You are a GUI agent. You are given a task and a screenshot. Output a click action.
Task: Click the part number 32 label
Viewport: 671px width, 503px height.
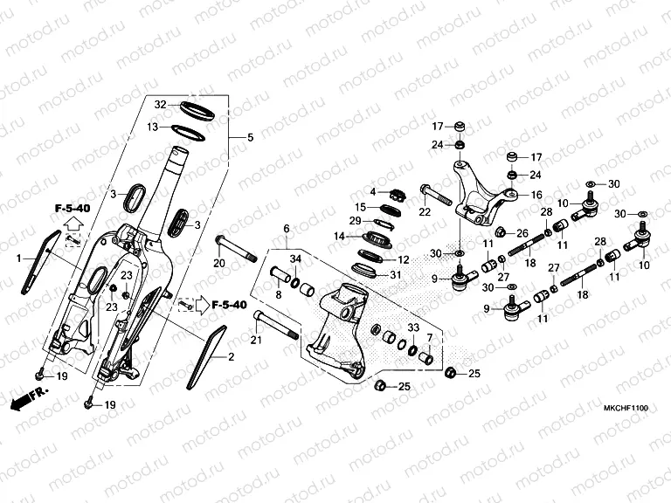pyautogui.click(x=160, y=105)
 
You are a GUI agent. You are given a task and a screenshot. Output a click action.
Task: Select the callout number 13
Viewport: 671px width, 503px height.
pyautogui.click(x=152, y=127)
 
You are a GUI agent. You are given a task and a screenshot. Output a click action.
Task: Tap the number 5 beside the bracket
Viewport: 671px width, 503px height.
pyautogui.click(x=250, y=138)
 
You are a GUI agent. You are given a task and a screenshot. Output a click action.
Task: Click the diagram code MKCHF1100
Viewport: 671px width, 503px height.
pyautogui.click(x=626, y=407)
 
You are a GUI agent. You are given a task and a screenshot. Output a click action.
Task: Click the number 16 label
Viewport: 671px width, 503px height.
pyautogui.click(x=536, y=196)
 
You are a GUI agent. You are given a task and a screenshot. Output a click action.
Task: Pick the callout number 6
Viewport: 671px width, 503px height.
pyautogui.click(x=285, y=229)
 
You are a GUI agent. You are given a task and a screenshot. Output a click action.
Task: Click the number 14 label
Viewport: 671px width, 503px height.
pyautogui.click(x=338, y=236)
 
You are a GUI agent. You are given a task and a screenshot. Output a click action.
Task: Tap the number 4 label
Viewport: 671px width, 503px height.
pyautogui.click(x=371, y=192)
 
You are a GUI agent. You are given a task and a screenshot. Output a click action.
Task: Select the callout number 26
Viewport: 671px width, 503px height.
pyautogui.click(x=522, y=233)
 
